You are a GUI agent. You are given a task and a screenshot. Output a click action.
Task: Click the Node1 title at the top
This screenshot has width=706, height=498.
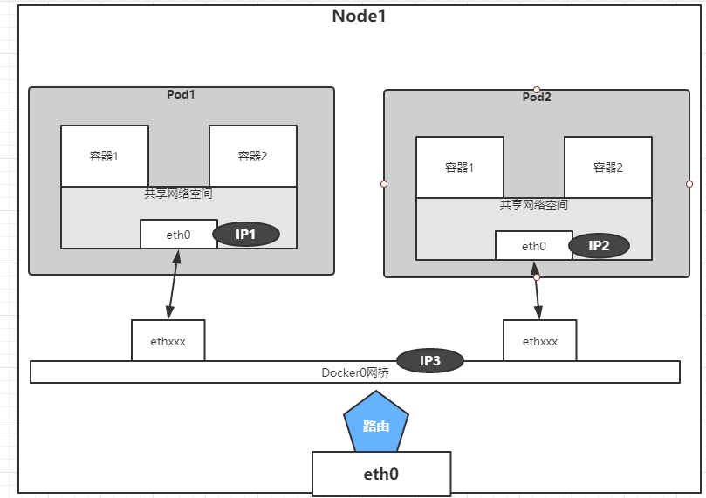(x=359, y=16)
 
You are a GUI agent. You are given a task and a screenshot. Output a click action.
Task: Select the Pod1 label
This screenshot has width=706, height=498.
(x=181, y=94)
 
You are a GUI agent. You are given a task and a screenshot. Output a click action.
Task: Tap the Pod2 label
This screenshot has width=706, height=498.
(x=536, y=97)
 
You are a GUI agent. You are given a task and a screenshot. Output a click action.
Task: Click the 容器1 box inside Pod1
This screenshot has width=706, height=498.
(x=104, y=156)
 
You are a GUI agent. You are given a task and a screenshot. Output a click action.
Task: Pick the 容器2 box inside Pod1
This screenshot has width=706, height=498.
(x=252, y=156)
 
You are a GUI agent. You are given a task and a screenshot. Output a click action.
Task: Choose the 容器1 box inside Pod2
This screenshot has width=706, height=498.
(x=459, y=167)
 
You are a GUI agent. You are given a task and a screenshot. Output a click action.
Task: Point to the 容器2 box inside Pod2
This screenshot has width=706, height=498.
(x=607, y=167)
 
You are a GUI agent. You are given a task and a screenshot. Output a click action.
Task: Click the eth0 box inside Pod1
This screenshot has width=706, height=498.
(x=179, y=234)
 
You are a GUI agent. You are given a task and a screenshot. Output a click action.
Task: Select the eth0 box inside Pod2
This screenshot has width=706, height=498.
(x=533, y=246)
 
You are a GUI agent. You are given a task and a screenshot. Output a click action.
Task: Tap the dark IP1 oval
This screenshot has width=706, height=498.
(x=246, y=234)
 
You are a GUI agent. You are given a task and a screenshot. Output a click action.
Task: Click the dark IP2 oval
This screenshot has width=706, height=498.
(x=600, y=246)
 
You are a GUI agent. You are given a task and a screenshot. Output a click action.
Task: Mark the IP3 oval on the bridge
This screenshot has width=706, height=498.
(x=429, y=360)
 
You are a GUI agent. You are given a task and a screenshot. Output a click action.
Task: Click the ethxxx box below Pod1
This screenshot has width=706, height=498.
(x=168, y=341)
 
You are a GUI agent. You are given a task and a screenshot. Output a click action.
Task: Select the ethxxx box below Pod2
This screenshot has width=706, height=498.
(x=539, y=341)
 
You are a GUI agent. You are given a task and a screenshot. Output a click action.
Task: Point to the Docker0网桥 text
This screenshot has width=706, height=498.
(x=354, y=372)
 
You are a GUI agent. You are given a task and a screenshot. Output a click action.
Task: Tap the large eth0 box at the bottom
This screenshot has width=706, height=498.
(x=381, y=474)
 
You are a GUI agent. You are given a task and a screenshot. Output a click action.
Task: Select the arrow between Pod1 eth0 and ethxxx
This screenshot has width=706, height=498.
(x=173, y=284)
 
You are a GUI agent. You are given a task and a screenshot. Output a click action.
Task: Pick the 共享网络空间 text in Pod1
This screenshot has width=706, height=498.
(x=179, y=194)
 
